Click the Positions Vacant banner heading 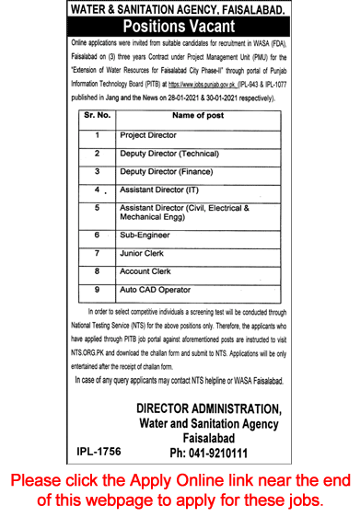(180, 26)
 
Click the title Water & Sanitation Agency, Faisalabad (180, 8)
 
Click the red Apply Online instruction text (180, 488)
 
